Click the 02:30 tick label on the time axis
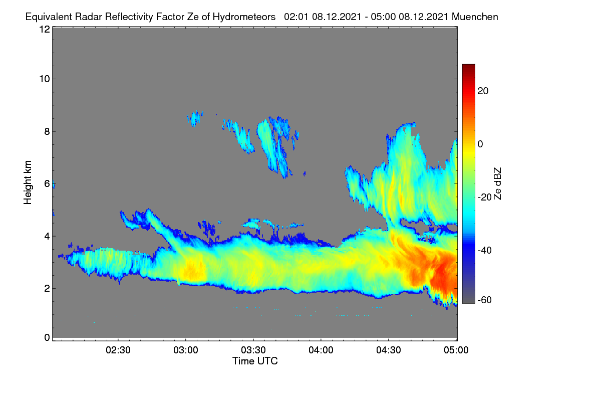[118, 350]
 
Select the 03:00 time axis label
[186, 350]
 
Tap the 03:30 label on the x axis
[253, 350]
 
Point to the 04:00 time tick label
[321, 350]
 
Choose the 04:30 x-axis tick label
[389, 350]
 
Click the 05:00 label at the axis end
[456, 350]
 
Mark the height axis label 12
[45, 29]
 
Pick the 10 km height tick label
[45, 79]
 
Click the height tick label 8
[47, 131]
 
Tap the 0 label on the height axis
[47, 338]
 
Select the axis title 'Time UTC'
[255, 361]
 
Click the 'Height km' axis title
[28, 182]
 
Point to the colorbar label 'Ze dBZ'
[497, 184]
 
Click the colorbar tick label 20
[483, 91]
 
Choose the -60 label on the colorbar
[485, 300]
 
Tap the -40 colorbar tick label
[485, 250]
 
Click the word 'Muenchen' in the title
[475, 17]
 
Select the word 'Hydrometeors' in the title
[244, 17]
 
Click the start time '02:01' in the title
[296, 17]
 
